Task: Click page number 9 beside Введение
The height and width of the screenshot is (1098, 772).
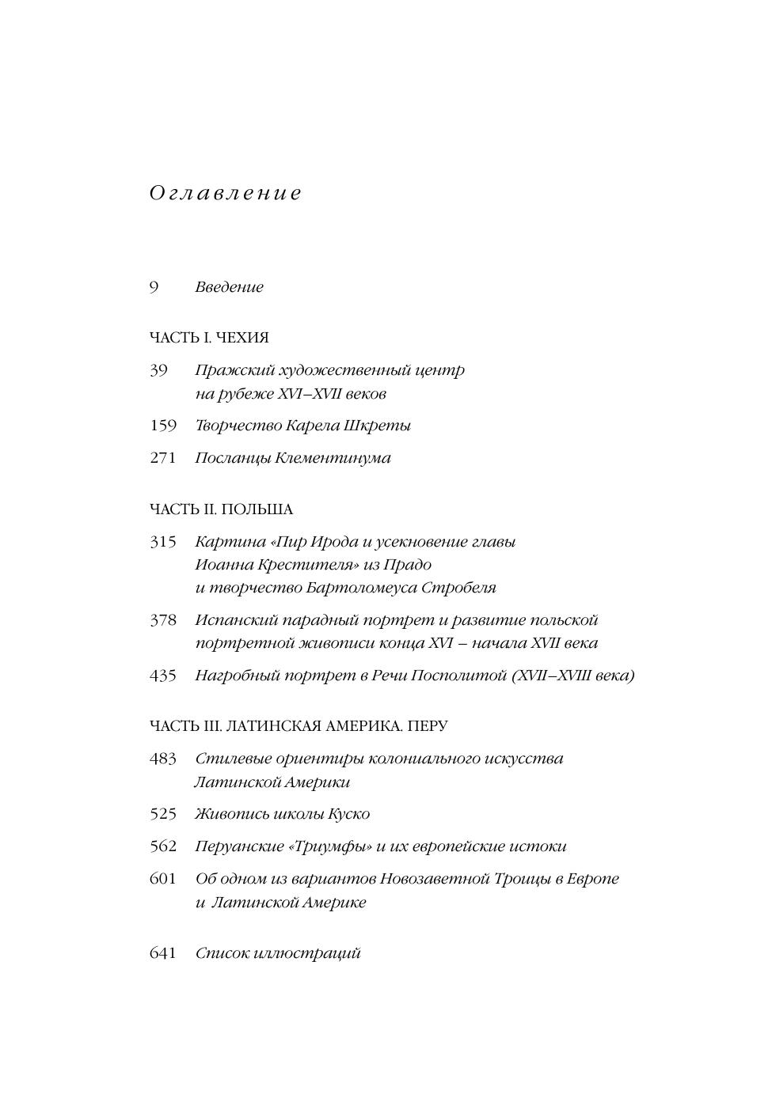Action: [x=154, y=287]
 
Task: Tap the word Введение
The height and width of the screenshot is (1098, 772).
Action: [x=229, y=287]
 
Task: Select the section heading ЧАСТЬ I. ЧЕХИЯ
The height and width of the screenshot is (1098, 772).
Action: [x=209, y=338]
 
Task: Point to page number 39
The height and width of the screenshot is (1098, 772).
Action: [x=159, y=370]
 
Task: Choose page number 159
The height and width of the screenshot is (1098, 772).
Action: [x=163, y=426]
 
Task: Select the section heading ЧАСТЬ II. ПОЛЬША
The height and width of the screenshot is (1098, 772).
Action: [x=221, y=509]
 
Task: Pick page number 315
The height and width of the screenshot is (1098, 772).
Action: [x=163, y=542]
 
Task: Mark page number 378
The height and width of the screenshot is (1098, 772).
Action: [x=163, y=620]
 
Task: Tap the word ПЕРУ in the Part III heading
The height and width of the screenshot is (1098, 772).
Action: [x=430, y=726]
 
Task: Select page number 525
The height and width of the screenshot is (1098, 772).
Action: [x=163, y=814]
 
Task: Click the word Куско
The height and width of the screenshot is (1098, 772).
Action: [x=348, y=814]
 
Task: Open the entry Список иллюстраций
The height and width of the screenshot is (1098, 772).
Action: [x=278, y=953]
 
